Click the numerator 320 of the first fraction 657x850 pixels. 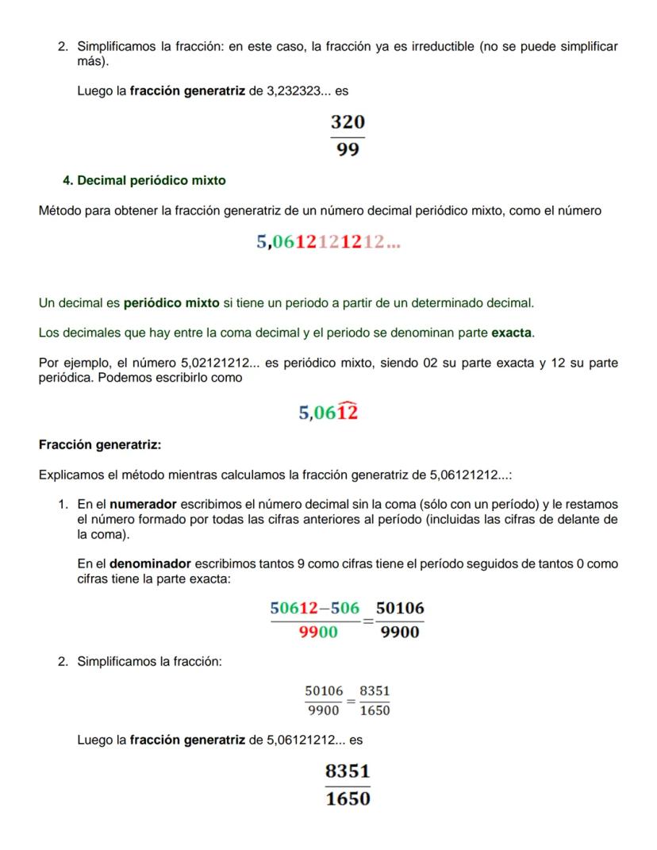[x=348, y=122]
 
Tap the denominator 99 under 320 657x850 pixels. [x=348, y=149]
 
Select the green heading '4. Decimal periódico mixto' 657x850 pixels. [x=144, y=181]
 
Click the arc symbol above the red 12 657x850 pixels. [x=348, y=403]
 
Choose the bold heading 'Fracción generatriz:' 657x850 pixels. [x=100, y=444]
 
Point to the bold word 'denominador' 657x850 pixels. [x=150, y=564]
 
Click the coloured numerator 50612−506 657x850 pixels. [x=315, y=609]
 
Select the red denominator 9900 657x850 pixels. [x=318, y=633]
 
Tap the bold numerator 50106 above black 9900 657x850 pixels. [x=400, y=609]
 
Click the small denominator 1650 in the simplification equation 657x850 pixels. [x=375, y=711]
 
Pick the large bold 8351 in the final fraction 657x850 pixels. [x=348, y=771]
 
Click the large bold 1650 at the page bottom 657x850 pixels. [x=348, y=799]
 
